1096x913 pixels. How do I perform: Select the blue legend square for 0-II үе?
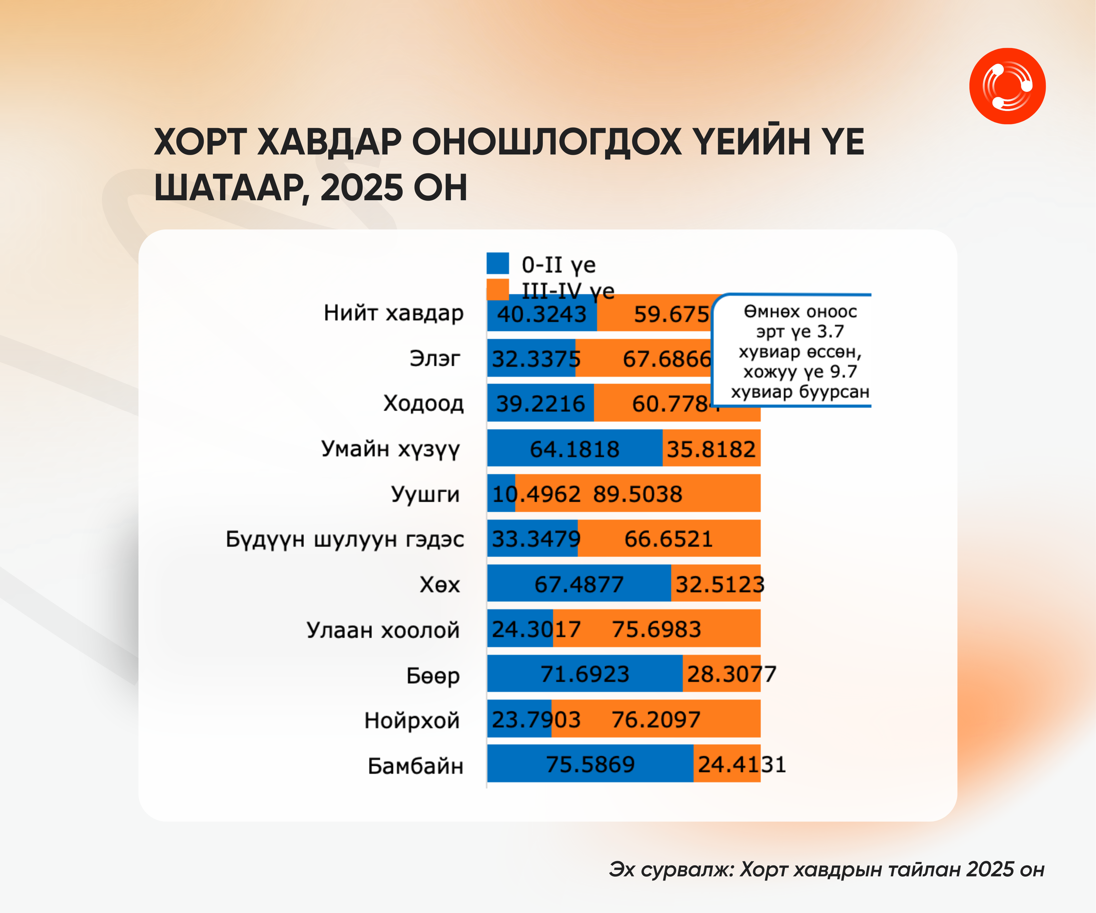(498, 263)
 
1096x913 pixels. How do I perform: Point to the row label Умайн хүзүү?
(390, 449)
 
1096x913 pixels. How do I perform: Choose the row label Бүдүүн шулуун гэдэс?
(345, 539)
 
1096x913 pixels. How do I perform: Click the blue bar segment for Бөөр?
(585, 673)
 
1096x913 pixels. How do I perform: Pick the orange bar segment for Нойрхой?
(655, 719)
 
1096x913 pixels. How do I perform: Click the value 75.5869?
(590, 764)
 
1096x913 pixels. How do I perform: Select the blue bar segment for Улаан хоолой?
(520, 629)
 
